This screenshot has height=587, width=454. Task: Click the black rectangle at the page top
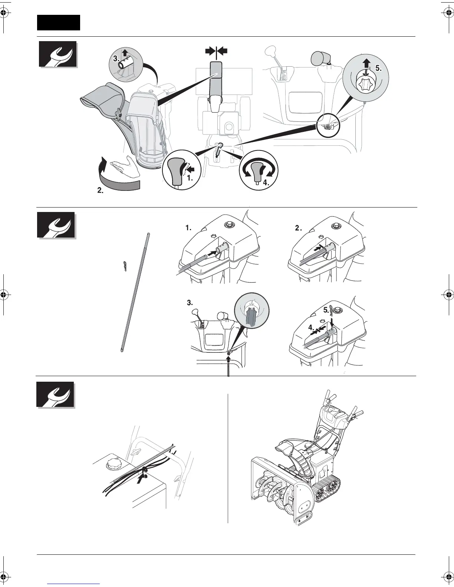[x=58, y=23]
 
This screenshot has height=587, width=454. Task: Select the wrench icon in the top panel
[x=58, y=54]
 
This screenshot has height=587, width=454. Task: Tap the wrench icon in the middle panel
[x=56, y=225]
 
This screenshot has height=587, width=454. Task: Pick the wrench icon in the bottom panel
[x=56, y=395]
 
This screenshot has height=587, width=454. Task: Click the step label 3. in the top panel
[x=116, y=59]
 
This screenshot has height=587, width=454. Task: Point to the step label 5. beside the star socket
[x=378, y=68]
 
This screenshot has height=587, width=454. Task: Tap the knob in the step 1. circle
[x=174, y=170]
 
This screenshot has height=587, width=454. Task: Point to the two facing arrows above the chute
[x=216, y=51]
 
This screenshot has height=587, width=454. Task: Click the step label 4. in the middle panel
[x=311, y=328]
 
